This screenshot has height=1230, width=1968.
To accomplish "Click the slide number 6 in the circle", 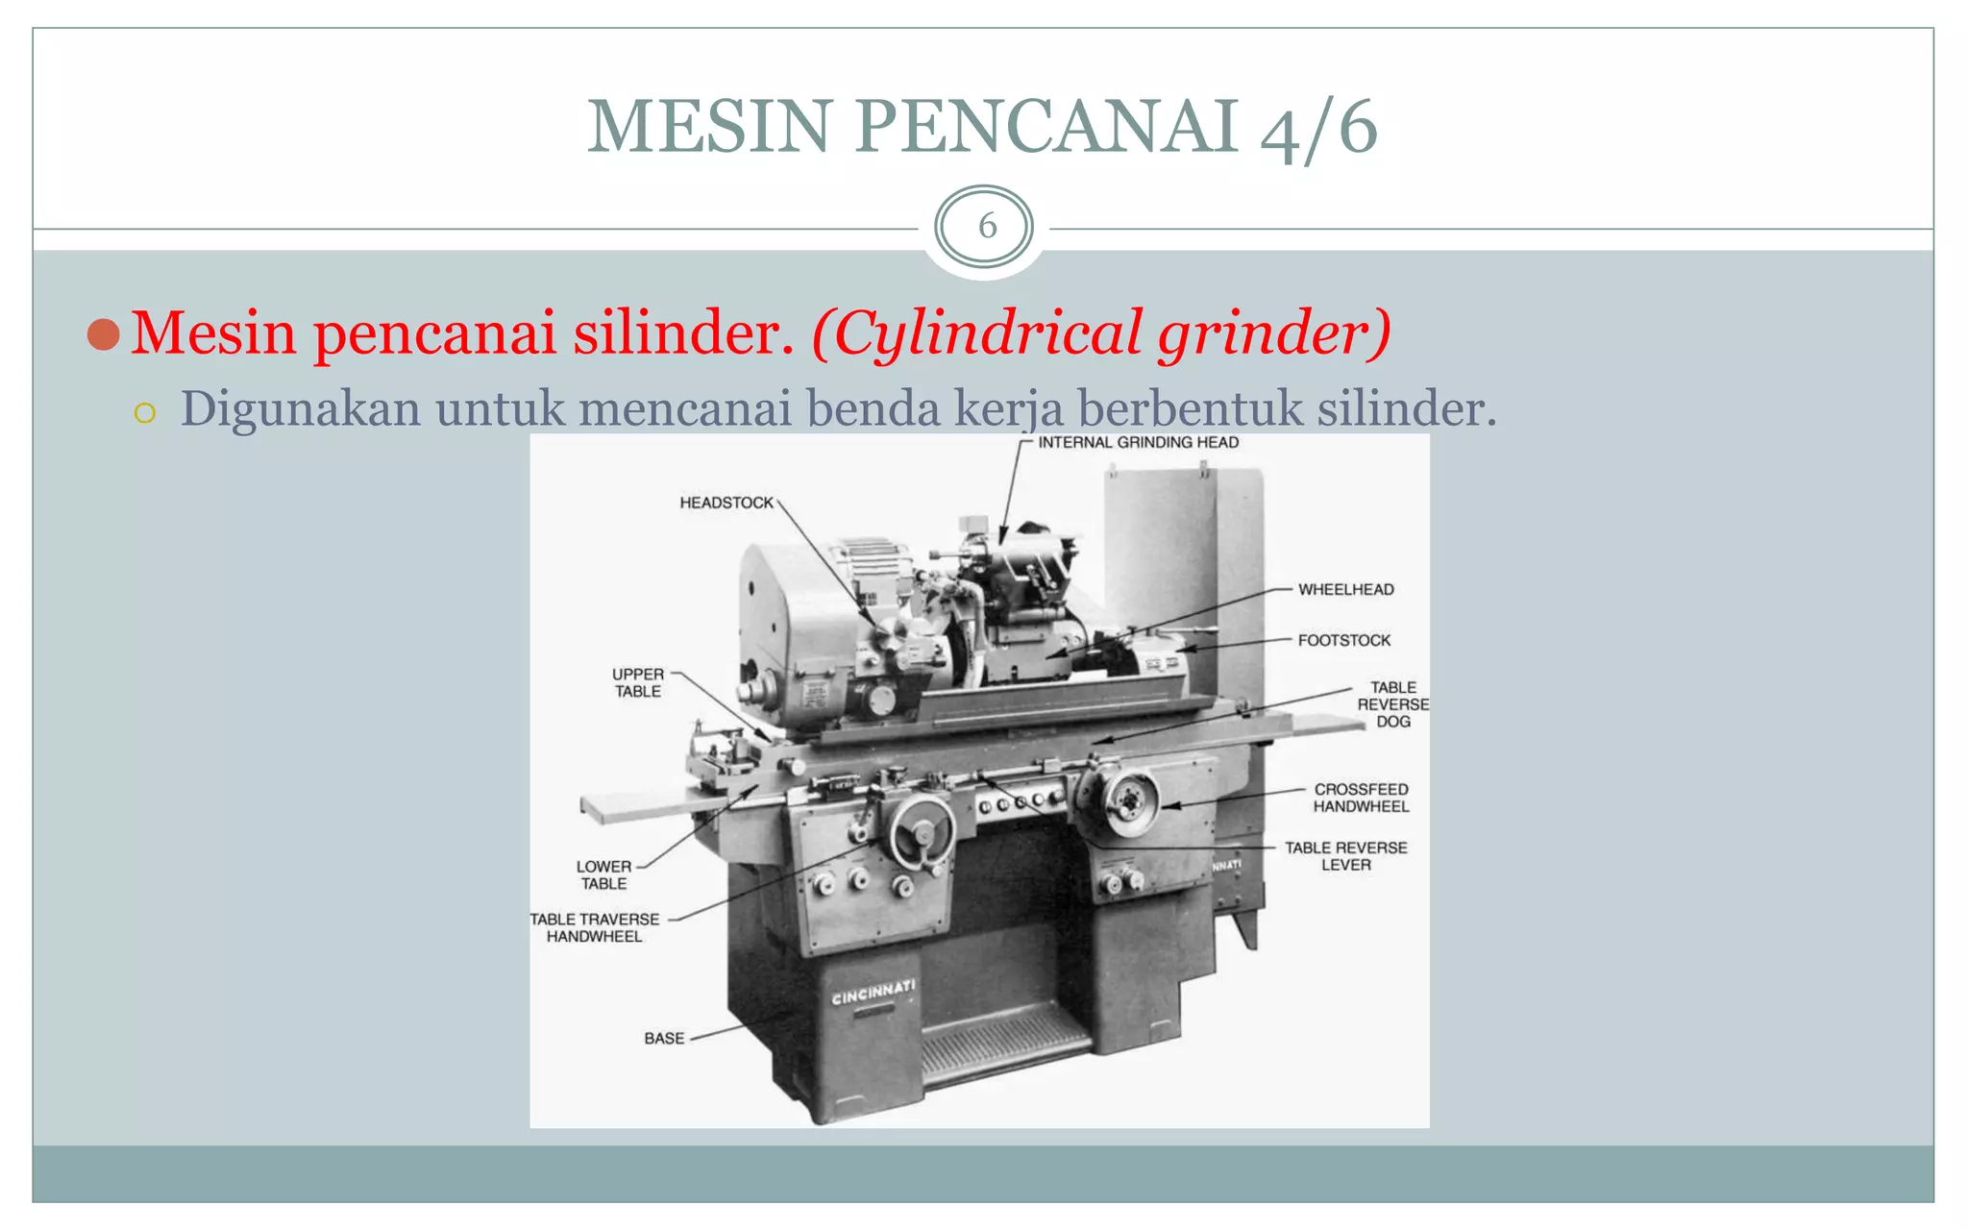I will point(986,227).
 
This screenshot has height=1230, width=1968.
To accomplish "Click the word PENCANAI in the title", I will point(1045,126).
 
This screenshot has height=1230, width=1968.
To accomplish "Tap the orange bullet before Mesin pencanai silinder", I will point(103,334).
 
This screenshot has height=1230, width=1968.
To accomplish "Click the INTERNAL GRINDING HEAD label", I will point(1138,443).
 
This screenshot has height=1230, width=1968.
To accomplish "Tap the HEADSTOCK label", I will point(726,503).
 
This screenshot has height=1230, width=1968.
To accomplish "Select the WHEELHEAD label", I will point(1345,589).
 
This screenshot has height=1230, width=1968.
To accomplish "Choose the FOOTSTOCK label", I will point(1343,640).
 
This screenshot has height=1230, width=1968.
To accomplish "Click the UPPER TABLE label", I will point(638,682).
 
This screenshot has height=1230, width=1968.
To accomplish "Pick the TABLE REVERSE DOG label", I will point(1392,704).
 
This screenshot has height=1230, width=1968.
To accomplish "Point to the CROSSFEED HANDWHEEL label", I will point(1361,798).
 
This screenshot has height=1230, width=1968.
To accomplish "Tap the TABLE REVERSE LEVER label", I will point(1345,856).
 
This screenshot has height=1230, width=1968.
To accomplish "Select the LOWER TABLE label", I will point(603,874).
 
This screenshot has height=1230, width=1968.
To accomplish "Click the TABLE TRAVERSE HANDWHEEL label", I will point(595,927).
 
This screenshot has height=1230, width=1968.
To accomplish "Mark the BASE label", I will point(664,1039).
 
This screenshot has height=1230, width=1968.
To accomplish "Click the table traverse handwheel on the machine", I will point(922,832).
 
